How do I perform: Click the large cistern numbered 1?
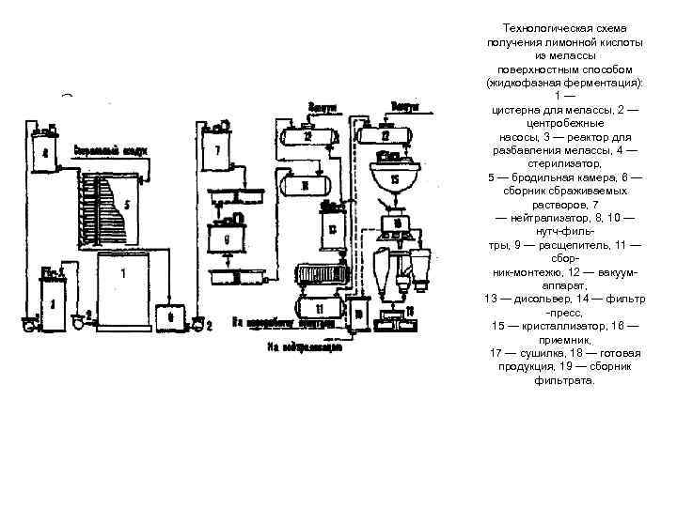click(123, 291)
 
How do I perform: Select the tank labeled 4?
click(43, 151)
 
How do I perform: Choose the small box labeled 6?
click(171, 316)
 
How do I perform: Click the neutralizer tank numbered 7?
click(217, 150)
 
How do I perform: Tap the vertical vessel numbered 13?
click(332, 228)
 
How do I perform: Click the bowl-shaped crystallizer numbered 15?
click(395, 179)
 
